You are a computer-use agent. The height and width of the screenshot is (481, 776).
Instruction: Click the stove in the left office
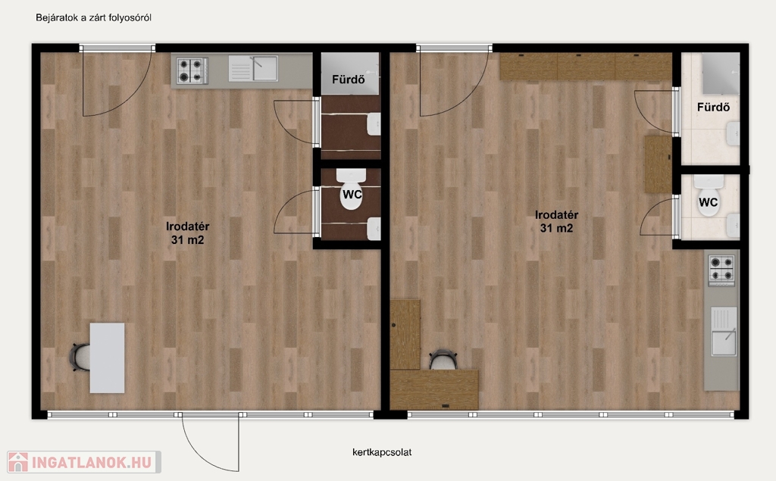click(x=192, y=70)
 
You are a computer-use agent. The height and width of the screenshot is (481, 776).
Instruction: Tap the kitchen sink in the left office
click(x=253, y=68)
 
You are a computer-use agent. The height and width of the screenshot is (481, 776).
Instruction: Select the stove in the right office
click(x=721, y=270)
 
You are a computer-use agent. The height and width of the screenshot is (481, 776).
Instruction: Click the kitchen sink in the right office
click(x=724, y=331)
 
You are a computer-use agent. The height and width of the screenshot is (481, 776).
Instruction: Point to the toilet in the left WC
click(x=352, y=189)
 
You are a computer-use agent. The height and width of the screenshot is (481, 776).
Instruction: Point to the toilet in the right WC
click(x=709, y=195)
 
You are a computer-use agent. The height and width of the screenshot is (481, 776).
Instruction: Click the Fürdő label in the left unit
click(x=349, y=80)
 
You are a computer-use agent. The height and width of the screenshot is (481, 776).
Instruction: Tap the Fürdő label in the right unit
click(x=713, y=107)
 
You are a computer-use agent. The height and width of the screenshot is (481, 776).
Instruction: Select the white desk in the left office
click(x=108, y=358)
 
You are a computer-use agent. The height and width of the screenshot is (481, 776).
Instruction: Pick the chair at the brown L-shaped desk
click(x=443, y=359)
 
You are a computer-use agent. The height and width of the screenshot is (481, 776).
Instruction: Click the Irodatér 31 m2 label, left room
click(x=188, y=233)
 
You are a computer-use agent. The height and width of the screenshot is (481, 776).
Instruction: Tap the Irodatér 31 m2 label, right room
click(x=557, y=221)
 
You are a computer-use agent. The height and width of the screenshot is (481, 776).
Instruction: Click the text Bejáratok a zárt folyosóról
click(x=93, y=18)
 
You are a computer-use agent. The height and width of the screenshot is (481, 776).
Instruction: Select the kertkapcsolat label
click(x=382, y=452)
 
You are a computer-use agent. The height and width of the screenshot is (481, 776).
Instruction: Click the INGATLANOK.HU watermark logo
click(x=84, y=462)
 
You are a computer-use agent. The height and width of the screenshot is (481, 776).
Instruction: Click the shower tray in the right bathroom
click(x=721, y=73)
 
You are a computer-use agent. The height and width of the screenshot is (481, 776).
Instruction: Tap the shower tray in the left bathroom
click(x=350, y=73)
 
